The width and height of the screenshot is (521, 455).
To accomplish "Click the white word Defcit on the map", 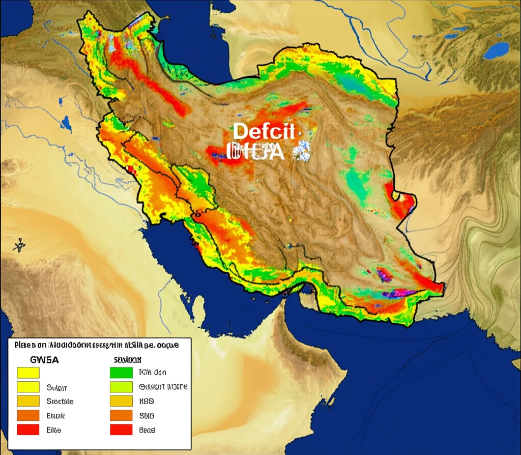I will (264, 131).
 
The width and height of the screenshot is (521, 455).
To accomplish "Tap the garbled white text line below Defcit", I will (255, 151).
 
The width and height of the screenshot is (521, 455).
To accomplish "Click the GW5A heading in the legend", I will (45, 359).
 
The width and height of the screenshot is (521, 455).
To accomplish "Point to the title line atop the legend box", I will (97, 345).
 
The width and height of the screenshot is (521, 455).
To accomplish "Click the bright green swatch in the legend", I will (121, 373).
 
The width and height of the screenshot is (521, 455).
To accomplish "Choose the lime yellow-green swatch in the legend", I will (121, 387).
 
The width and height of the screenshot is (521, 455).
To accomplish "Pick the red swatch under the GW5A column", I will (28, 430).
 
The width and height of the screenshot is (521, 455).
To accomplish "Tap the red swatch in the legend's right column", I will (121, 430).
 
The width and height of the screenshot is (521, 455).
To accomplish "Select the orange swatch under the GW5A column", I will (28, 415).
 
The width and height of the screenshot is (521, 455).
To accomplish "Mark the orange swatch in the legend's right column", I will (121, 415).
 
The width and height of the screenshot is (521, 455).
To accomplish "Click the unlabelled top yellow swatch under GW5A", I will (28, 373).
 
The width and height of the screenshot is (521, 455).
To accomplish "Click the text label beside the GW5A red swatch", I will (53, 430).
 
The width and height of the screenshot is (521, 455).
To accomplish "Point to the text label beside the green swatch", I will (153, 373).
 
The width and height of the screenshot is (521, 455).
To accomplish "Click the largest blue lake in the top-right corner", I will (496, 50).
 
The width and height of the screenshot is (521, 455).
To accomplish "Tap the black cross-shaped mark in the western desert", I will (19, 245).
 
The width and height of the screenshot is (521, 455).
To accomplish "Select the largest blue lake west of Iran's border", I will (66, 123).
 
